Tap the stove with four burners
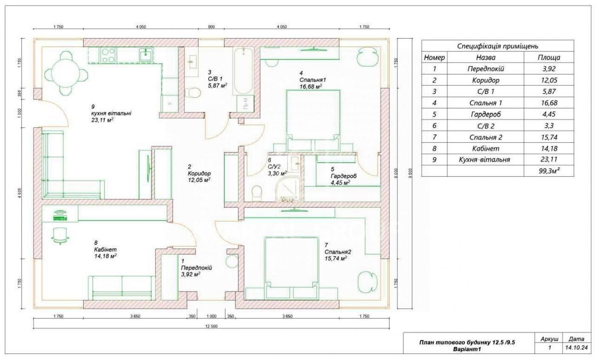click(x=108, y=55)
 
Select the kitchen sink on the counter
click(x=146, y=55)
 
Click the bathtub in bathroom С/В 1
click(x=243, y=71)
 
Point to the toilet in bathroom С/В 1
click(x=192, y=93)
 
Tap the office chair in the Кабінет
click(x=60, y=235)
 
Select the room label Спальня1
click(x=312, y=80)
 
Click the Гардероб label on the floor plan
click(x=343, y=176)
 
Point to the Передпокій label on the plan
click(x=196, y=268)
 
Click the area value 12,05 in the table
click(x=549, y=80)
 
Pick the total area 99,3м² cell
click(x=549, y=171)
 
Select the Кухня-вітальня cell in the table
click(x=485, y=160)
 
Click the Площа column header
click(x=549, y=57)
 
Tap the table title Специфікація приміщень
click(x=498, y=46)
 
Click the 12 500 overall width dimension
click(x=212, y=326)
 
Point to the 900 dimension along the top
click(x=211, y=27)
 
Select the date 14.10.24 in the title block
click(x=576, y=348)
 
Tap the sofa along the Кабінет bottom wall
click(x=122, y=288)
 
